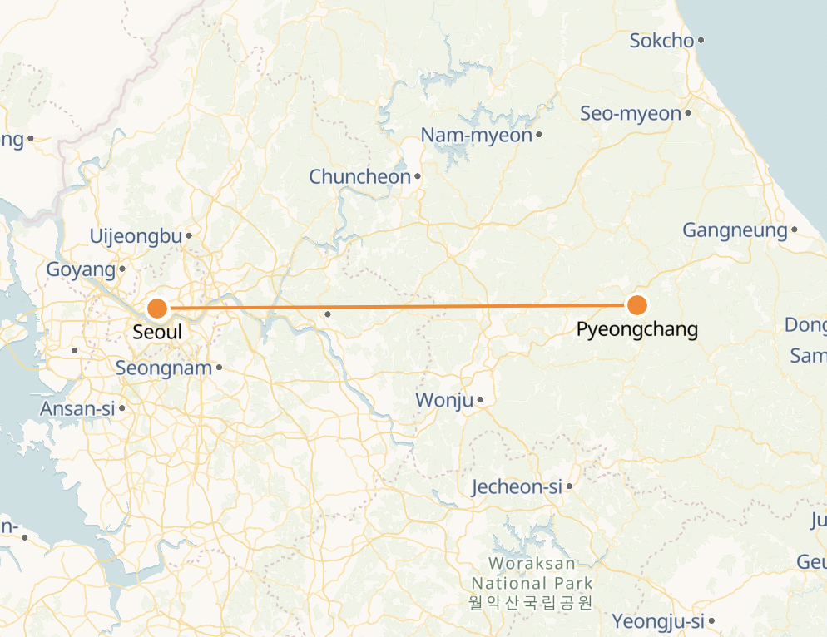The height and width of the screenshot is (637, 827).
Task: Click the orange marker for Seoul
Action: coord(157,309)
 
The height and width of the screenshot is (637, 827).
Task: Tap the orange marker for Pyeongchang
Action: coord(637,305)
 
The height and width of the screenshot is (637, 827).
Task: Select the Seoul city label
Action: coord(157,333)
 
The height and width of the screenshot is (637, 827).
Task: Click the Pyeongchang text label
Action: coord(637,329)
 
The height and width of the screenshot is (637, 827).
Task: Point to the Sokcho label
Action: coord(661,41)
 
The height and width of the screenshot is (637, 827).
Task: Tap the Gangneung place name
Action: coord(735,230)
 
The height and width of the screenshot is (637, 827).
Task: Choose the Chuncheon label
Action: coord(360,177)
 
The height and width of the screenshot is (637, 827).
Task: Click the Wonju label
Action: coord(444,401)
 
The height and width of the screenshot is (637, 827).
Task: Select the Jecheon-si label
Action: coord(517,487)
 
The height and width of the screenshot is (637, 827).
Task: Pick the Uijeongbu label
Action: coord(136,237)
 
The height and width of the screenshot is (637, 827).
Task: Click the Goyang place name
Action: coord(81,270)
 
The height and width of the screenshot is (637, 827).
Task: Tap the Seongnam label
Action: coord(163,368)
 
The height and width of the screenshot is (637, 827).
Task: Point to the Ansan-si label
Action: coord(77,409)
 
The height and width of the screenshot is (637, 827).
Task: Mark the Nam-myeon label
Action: coord(476,135)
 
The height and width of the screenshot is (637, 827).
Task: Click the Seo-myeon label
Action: coord(631,114)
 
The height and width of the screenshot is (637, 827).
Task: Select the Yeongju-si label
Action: coord(658,621)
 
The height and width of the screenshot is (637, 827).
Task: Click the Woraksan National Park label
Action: coord(532,575)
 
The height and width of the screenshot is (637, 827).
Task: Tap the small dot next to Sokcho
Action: coord(701,40)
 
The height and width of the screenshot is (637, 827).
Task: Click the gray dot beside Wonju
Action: coord(481,401)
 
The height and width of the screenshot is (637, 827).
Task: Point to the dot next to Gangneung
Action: coord(795,230)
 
